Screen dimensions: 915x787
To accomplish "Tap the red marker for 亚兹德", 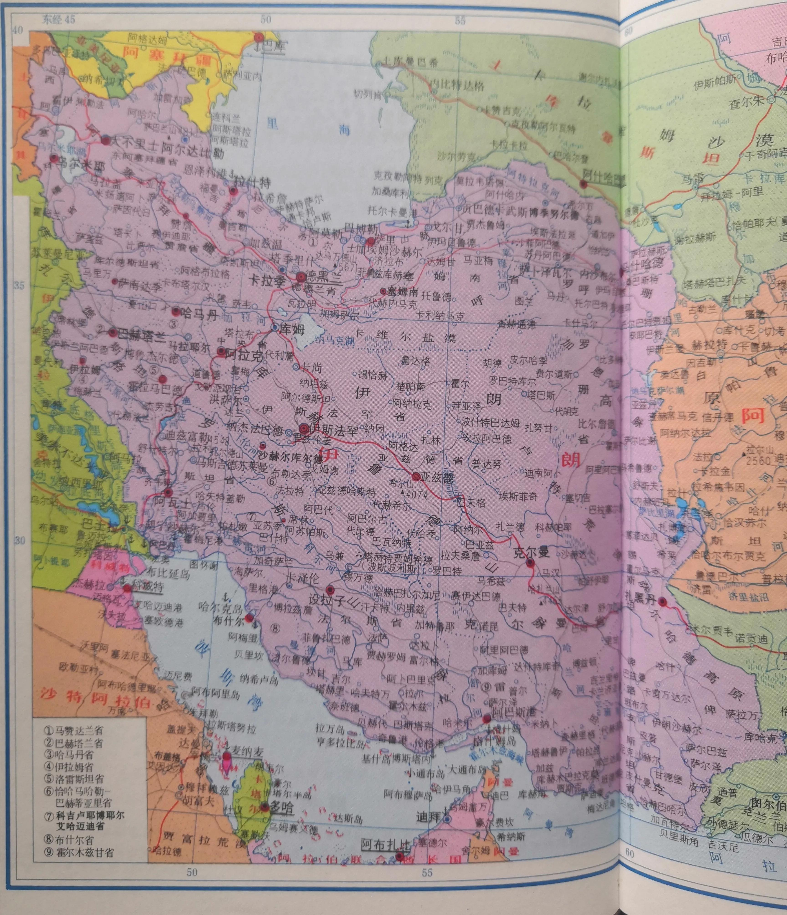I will pos(416,477).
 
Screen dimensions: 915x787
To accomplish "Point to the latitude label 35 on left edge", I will pos(18,286).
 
